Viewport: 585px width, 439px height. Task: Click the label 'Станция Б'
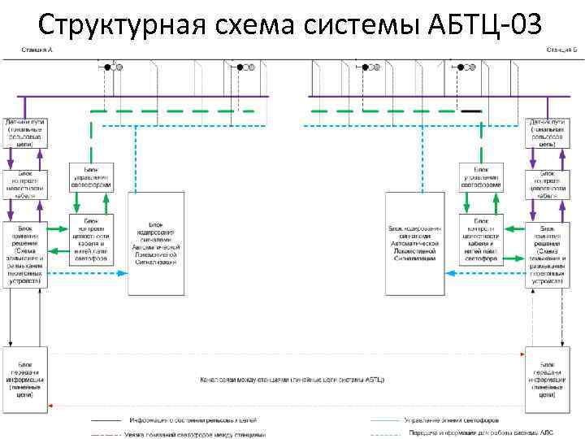560,50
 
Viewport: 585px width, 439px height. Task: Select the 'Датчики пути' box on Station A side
27,132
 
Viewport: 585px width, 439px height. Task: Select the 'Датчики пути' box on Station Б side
547,132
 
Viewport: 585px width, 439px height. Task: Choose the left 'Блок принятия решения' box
27,246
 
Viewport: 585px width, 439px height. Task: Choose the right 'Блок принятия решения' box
547,246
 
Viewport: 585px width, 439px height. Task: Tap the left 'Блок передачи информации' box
27,377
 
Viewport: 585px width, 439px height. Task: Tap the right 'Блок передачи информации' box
547,377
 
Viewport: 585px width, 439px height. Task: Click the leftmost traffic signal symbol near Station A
113,67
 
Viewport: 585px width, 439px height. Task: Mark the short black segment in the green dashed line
471,111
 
